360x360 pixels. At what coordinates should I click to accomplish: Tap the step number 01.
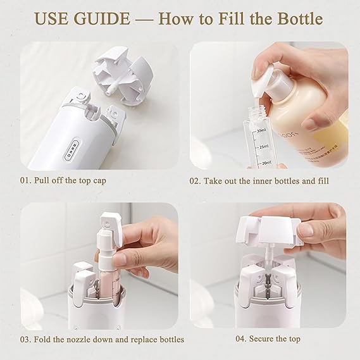(25, 180)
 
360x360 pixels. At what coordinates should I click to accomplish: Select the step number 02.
(196, 180)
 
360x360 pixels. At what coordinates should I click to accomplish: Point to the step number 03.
(25, 339)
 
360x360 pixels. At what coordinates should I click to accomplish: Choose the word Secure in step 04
(266, 339)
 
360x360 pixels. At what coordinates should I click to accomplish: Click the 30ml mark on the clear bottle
(261, 130)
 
